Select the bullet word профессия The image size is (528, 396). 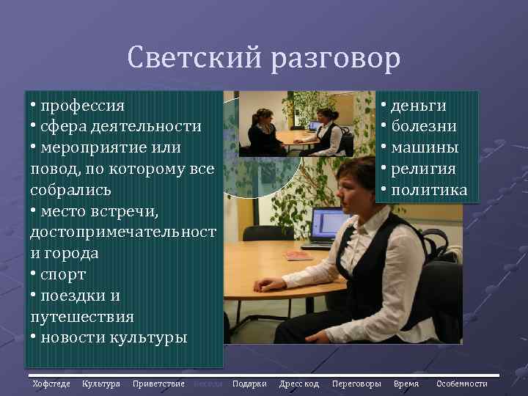(x=83, y=105)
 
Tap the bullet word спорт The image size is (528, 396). (x=64, y=274)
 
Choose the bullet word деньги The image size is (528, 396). (x=419, y=105)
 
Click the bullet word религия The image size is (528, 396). (x=423, y=169)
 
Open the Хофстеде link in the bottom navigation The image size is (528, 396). (x=51, y=384)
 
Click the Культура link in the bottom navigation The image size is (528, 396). (x=101, y=384)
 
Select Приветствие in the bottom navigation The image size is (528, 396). (x=158, y=384)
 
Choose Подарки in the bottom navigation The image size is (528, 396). (x=249, y=384)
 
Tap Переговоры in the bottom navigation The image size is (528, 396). (x=356, y=384)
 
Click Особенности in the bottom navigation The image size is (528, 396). (x=462, y=384)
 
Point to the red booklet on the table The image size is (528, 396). (x=298, y=255)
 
